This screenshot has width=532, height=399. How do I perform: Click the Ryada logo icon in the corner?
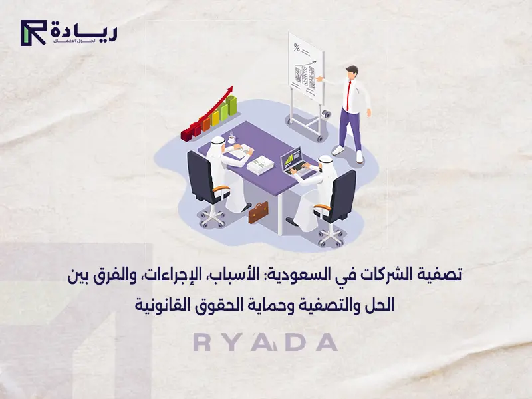[32, 32]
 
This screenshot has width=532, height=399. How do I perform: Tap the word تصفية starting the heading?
[440, 274]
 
